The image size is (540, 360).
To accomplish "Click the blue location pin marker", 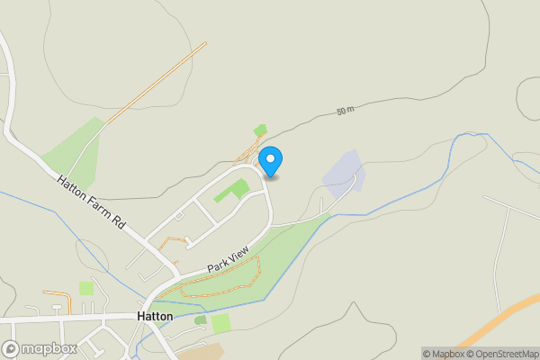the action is pos(270,161).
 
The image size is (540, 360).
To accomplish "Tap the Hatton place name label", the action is pos(155,317).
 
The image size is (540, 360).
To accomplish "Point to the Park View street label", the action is pos(227,260).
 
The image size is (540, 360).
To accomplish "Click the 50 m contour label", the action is pos(346,110).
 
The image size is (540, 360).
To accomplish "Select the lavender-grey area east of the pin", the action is pos(342,174).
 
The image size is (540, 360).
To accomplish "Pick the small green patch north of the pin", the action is pos(260,130).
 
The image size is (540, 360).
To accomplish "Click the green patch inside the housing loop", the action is pos(233,190).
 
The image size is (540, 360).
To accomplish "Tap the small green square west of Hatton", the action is pos(86,288).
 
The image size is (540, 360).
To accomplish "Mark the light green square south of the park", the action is pos(221,323).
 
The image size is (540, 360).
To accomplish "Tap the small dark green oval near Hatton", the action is pos(200,319).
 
